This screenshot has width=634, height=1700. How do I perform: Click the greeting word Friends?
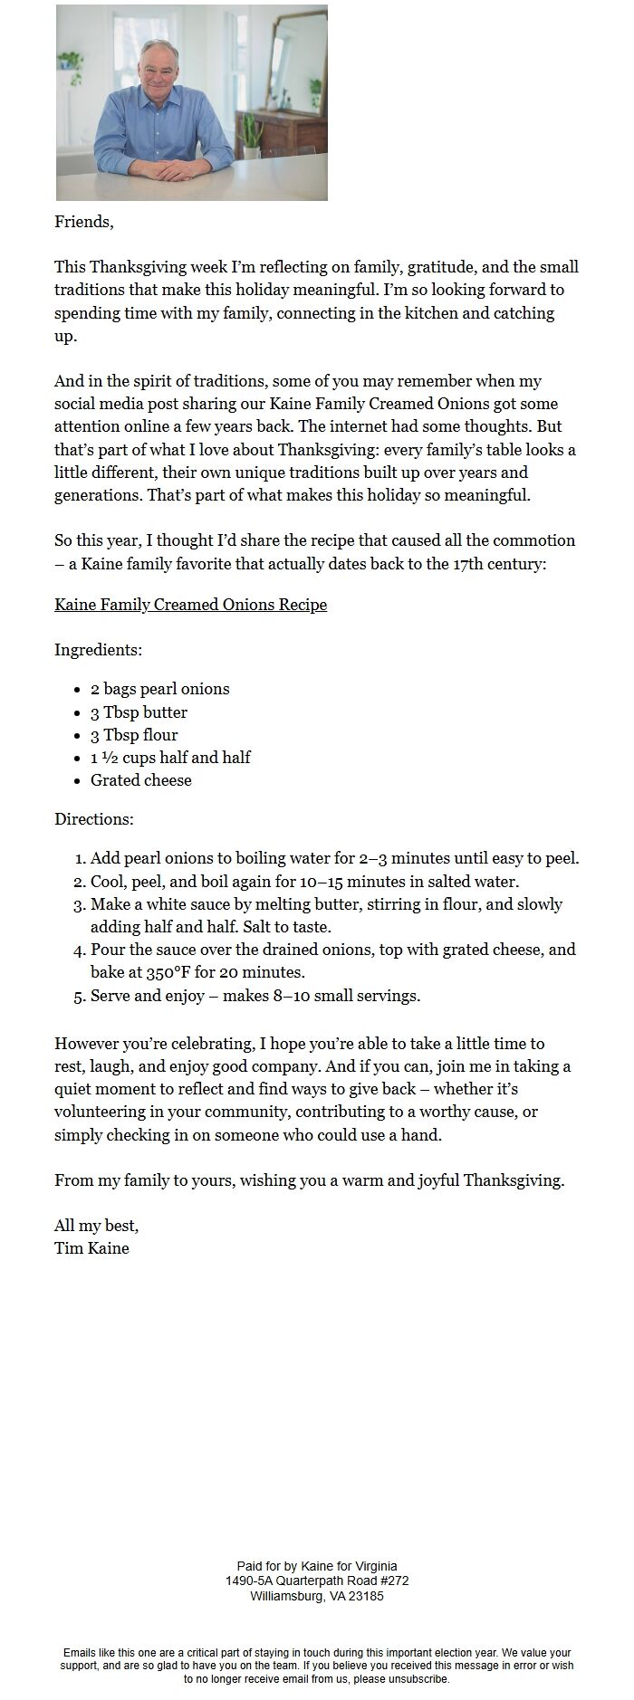click(83, 222)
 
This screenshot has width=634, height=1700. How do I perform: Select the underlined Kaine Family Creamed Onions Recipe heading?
click(190, 605)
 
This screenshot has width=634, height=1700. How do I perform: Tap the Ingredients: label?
click(98, 650)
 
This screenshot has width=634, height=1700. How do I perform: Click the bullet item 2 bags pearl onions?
click(159, 689)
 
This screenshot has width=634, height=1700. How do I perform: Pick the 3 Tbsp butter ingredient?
click(139, 712)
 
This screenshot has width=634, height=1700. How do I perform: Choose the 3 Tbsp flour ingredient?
click(134, 735)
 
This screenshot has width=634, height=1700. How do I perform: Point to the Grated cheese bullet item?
click(140, 780)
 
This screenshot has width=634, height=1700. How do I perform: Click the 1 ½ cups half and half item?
click(170, 758)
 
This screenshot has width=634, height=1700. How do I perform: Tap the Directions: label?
click(94, 819)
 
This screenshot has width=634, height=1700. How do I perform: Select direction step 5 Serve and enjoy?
click(255, 996)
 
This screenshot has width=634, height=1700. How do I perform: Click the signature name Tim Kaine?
click(91, 1248)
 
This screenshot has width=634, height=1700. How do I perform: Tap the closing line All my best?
click(96, 1226)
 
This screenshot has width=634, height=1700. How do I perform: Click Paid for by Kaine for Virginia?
click(317, 1566)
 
